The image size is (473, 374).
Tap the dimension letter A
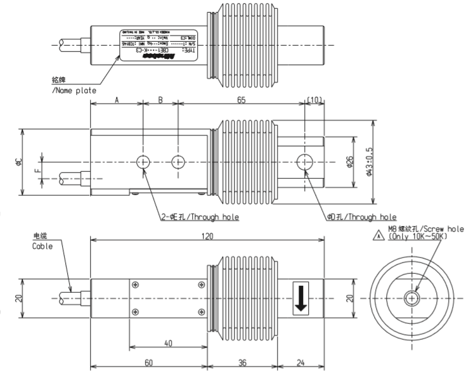point(117,100)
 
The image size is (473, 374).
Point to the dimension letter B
point(160,100)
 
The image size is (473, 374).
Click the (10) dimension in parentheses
point(314,100)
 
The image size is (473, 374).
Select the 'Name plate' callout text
point(74,91)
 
